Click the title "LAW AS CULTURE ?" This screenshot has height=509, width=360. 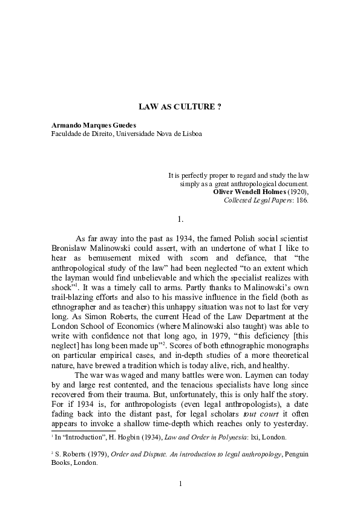pos(180,106)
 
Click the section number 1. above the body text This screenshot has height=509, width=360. pos(180,218)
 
